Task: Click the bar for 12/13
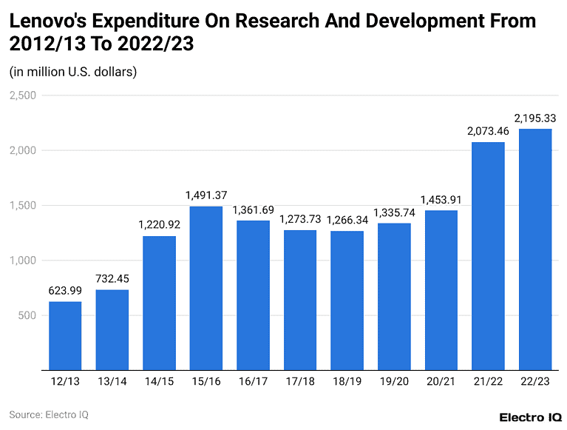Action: pos(65,335)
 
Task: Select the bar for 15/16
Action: pos(206,288)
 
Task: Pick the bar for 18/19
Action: pos(347,300)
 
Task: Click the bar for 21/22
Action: pos(488,256)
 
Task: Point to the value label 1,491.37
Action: pos(206,196)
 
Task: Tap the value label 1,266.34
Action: pos(347,221)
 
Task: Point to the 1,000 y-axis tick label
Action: pos(23,261)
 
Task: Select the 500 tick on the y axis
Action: pos(27,315)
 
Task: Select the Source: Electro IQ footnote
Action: pos(49,414)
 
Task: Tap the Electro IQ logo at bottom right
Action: pos(530,417)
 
